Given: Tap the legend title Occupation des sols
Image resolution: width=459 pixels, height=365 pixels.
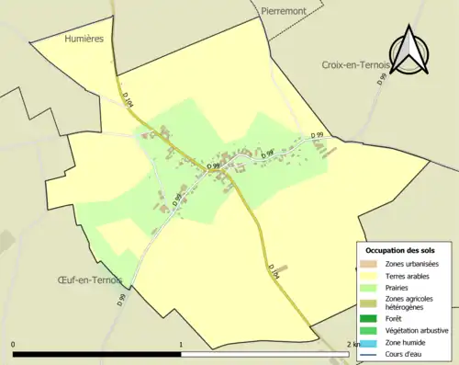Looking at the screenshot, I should (406, 250).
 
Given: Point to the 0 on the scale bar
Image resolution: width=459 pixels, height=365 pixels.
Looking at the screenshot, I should (13, 344).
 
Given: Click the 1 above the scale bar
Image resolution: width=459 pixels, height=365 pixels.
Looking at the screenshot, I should (181, 344).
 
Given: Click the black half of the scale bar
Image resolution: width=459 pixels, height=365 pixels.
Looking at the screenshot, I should (96, 353).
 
